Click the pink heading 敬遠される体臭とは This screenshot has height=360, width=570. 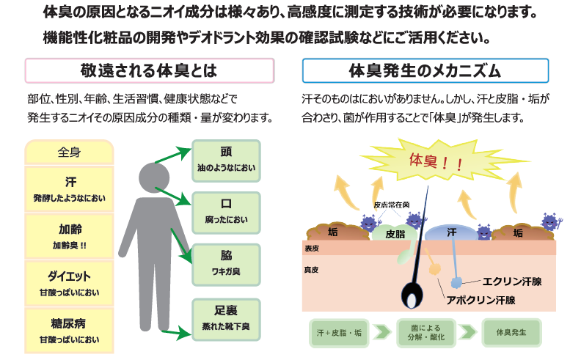click(x=150, y=71)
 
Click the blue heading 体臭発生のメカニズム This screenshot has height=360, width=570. click(x=425, y=71)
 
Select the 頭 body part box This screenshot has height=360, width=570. click(x=226, y=161)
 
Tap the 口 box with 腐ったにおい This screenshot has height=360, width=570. click(x=226, y=210)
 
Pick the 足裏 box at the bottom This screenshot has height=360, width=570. click(x=226, y=317)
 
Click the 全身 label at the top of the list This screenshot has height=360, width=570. click(x=69, y=153)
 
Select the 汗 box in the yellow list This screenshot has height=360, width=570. click(x=69, y=188)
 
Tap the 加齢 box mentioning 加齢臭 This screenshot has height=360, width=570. click(x=69, y=235)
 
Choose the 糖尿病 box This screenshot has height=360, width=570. click(x=69, y=331)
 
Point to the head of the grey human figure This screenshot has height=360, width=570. click(x=154, y=178)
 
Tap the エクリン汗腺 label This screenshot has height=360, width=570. click(x=511, y=280)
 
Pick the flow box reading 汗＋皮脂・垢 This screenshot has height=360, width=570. click(x=337, y=333)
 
